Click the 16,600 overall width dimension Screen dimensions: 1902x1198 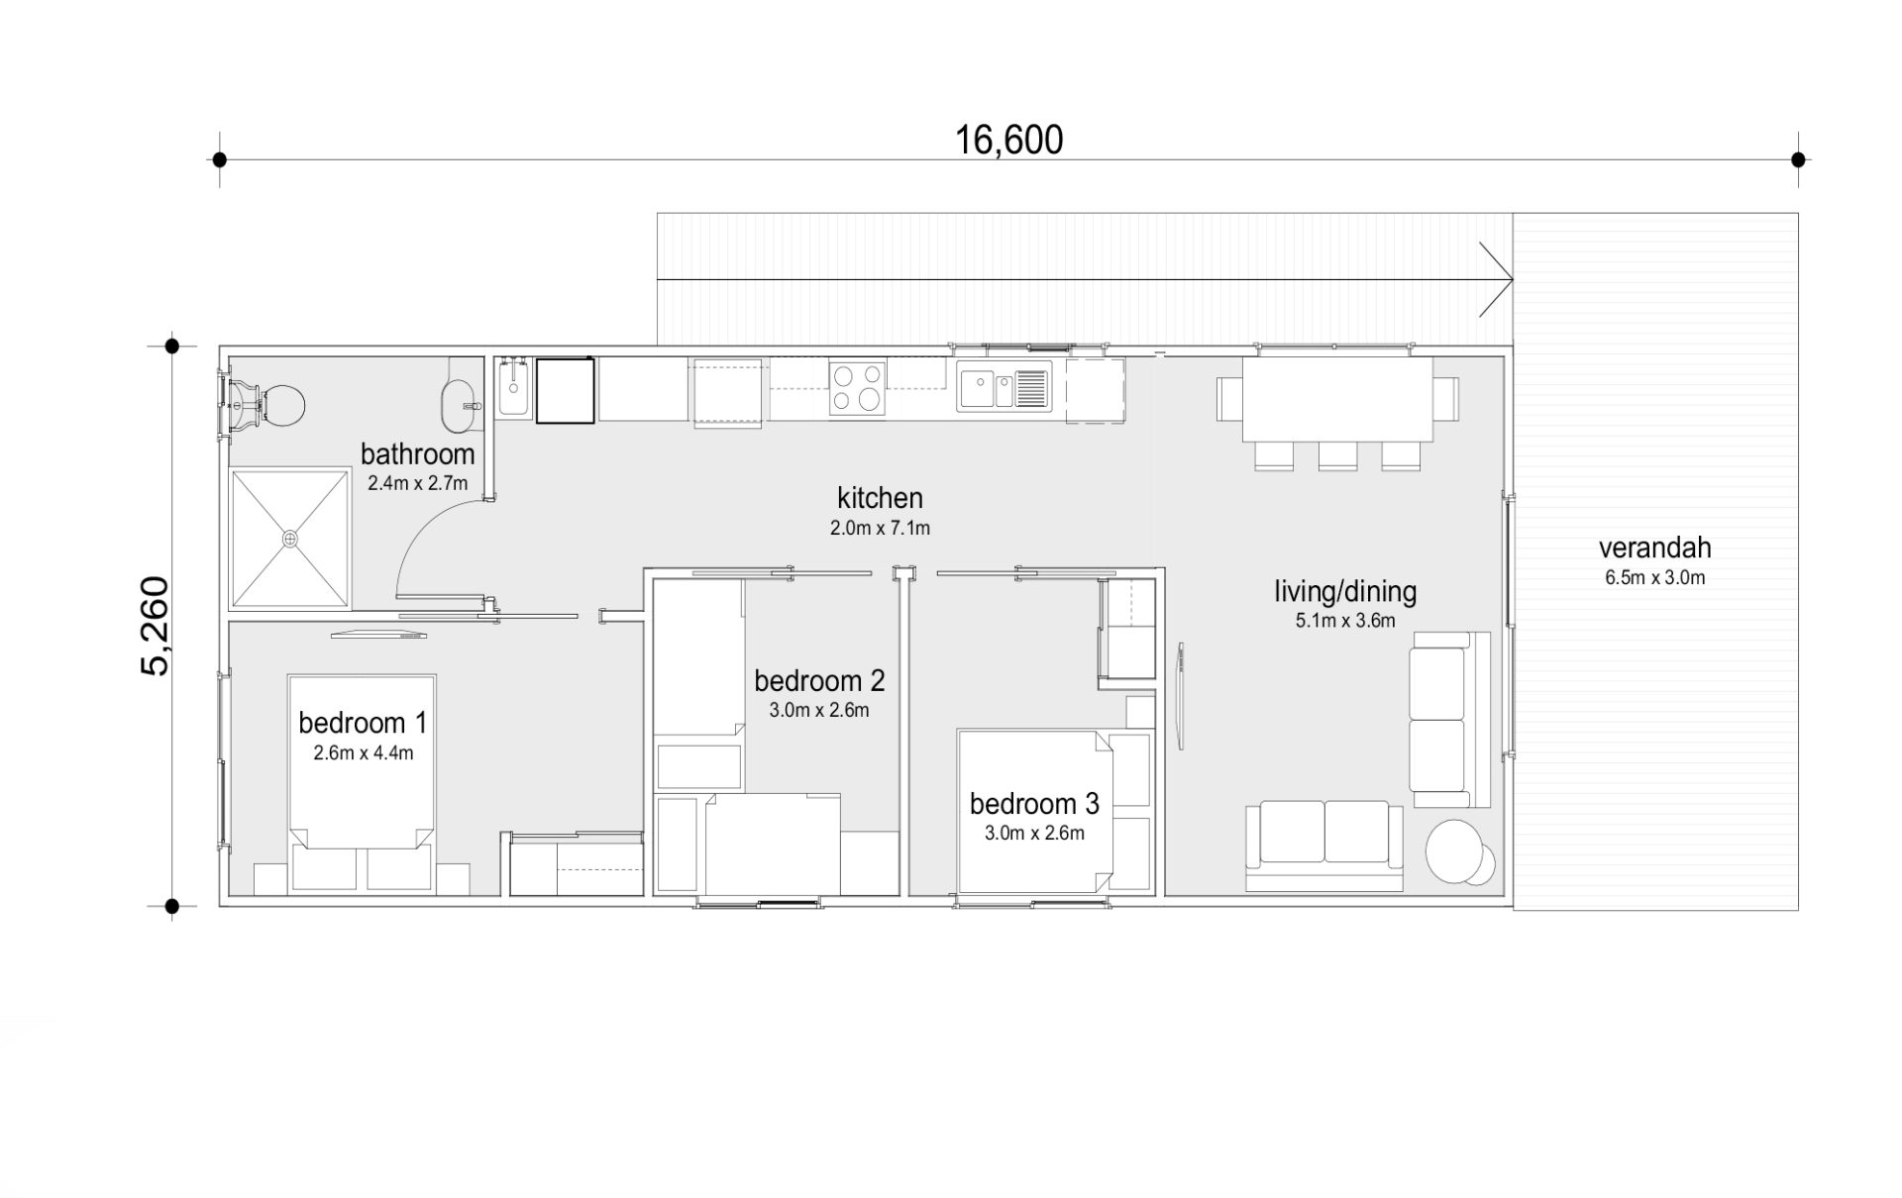[1008, 141]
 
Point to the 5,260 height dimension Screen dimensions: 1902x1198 [157, 626]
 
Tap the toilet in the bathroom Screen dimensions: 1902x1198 [267, 405]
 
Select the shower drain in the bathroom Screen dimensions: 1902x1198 [290, 539]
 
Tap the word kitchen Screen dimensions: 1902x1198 [880, 498]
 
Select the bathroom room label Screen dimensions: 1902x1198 [417, 454]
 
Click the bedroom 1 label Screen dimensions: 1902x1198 [363, 723]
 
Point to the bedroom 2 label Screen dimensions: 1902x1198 [819, 681]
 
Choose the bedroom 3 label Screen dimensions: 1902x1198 [1034, 804]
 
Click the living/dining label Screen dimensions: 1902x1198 [1345, 592]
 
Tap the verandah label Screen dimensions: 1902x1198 [1654, 548]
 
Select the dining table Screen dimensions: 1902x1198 [1337, 399]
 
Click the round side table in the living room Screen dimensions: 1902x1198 [1455, 849]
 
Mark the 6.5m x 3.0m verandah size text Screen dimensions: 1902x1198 [1655, 578]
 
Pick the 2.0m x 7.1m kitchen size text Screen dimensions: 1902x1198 [880, 529]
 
